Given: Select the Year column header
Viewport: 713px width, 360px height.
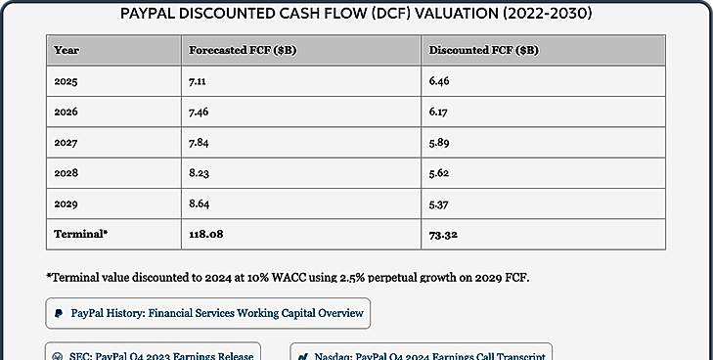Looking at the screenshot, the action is [67, 50].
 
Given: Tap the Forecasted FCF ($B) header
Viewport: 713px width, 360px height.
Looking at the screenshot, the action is [243, 50].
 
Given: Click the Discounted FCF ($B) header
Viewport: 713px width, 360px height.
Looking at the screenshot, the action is [484, 50].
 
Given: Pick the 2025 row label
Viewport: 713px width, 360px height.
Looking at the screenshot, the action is [66, 81].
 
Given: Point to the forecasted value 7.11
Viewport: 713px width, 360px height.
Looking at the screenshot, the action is [198, 81].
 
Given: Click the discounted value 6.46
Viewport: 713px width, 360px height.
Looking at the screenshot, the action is [439, 81].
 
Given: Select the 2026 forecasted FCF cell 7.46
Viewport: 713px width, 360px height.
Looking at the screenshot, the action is [199, 112].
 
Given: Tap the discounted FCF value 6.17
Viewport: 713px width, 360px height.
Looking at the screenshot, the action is [438, 112].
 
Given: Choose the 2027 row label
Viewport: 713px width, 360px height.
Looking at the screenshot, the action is [66, 143].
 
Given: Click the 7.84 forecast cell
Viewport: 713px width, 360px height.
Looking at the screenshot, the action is [199, 143].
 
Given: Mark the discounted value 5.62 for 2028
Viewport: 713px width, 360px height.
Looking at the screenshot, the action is [439, 173].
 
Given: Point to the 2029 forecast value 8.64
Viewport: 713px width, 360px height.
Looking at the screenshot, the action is [200, 203].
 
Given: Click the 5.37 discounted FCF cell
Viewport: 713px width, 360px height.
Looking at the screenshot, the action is [439, 204].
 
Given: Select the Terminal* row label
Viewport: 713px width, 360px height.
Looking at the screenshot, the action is [81, 234].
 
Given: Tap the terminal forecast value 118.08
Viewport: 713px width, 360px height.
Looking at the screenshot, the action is [206, 234].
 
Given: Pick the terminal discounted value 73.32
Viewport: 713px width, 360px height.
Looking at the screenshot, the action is [443, 235].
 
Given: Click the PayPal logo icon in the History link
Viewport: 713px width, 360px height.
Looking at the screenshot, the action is [59, 313].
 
